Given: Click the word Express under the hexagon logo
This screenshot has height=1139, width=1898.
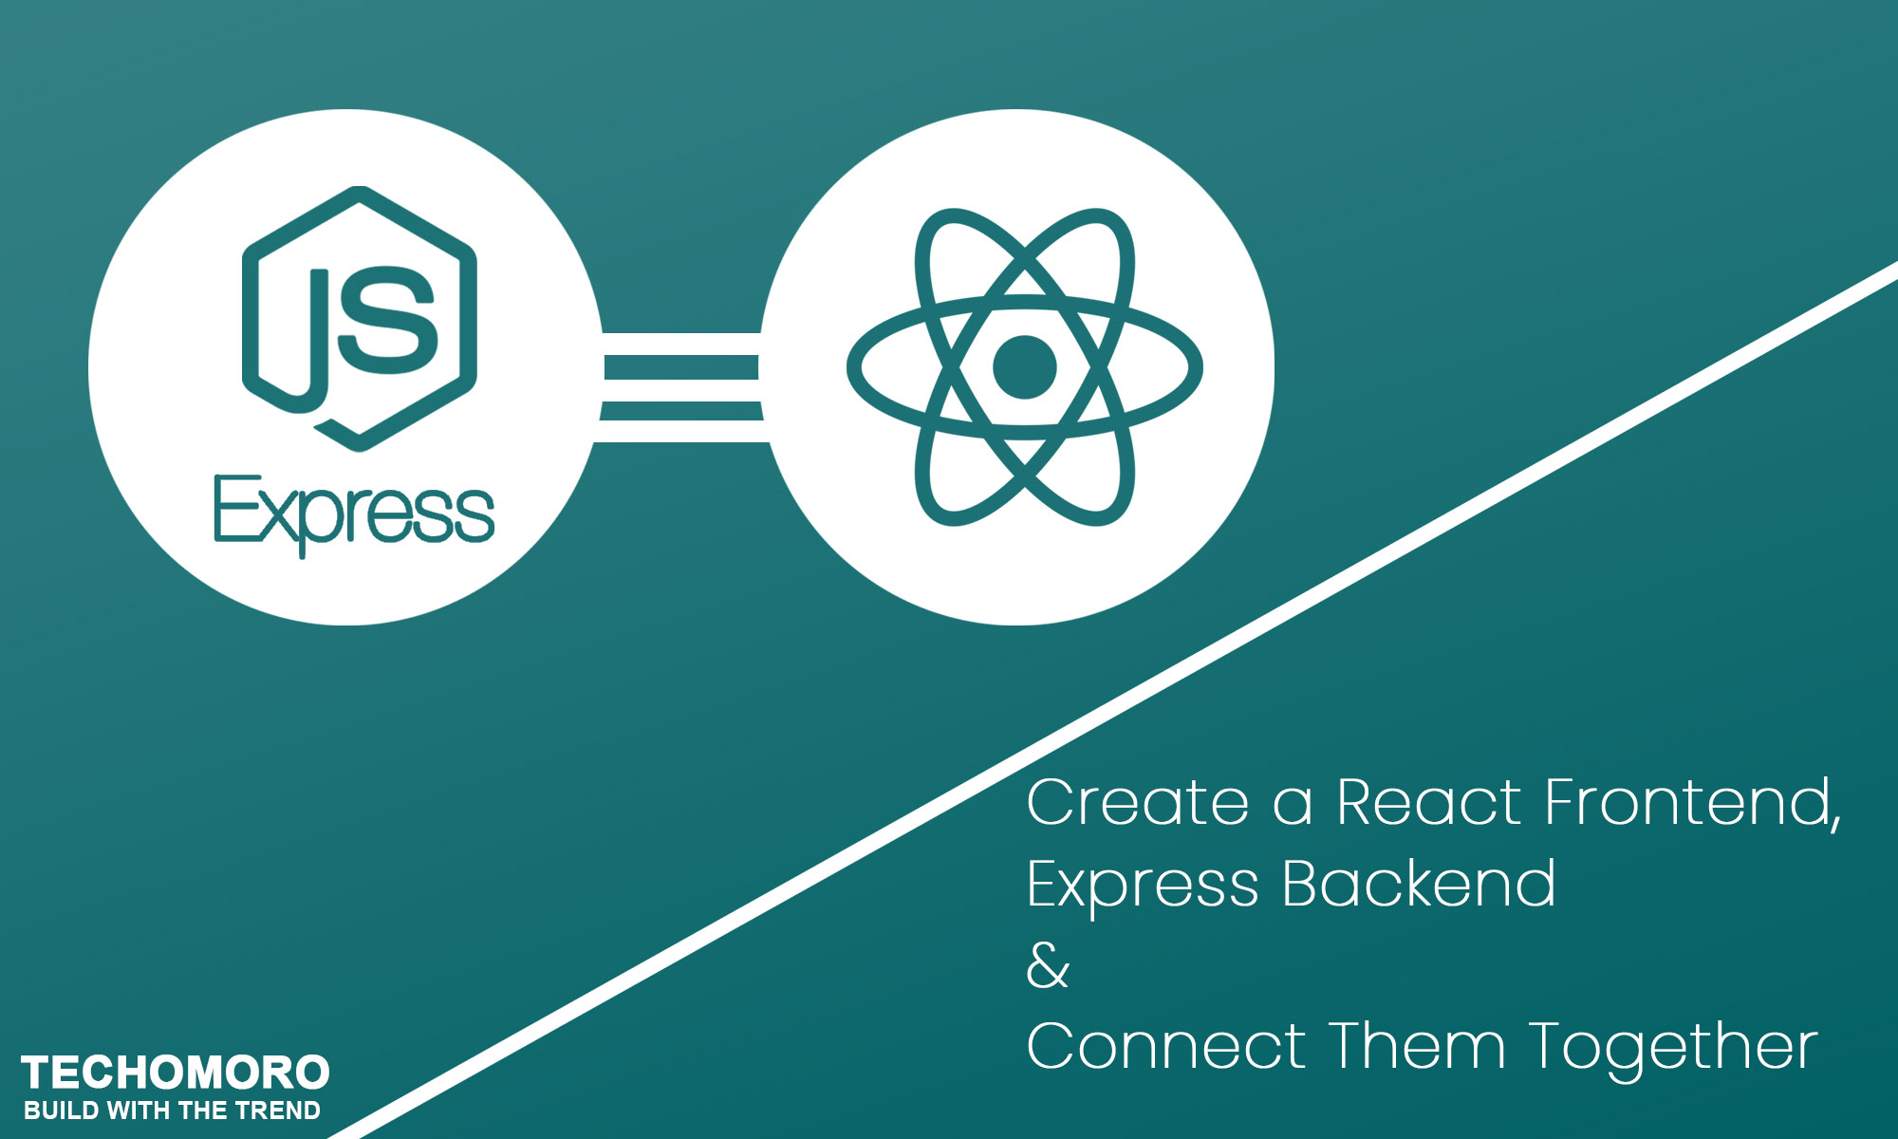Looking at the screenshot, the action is [354, 513].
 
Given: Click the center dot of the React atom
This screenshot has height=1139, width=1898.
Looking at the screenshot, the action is [1024, 367].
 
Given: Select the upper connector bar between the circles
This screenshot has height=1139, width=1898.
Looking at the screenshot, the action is [681, 367].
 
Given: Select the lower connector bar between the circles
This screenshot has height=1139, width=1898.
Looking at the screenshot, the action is [681, 411].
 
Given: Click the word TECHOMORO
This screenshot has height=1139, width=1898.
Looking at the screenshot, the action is [176, 1073].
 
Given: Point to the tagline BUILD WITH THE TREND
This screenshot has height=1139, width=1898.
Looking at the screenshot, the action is [172, 1111].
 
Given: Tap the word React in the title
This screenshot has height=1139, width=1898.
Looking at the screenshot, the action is [1428, 803].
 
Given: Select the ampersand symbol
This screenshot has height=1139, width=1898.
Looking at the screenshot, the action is [1048, 966].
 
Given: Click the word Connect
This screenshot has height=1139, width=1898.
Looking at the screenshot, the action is [1166, 1047].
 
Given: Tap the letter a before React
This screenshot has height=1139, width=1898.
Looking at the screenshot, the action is [1292, 805].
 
